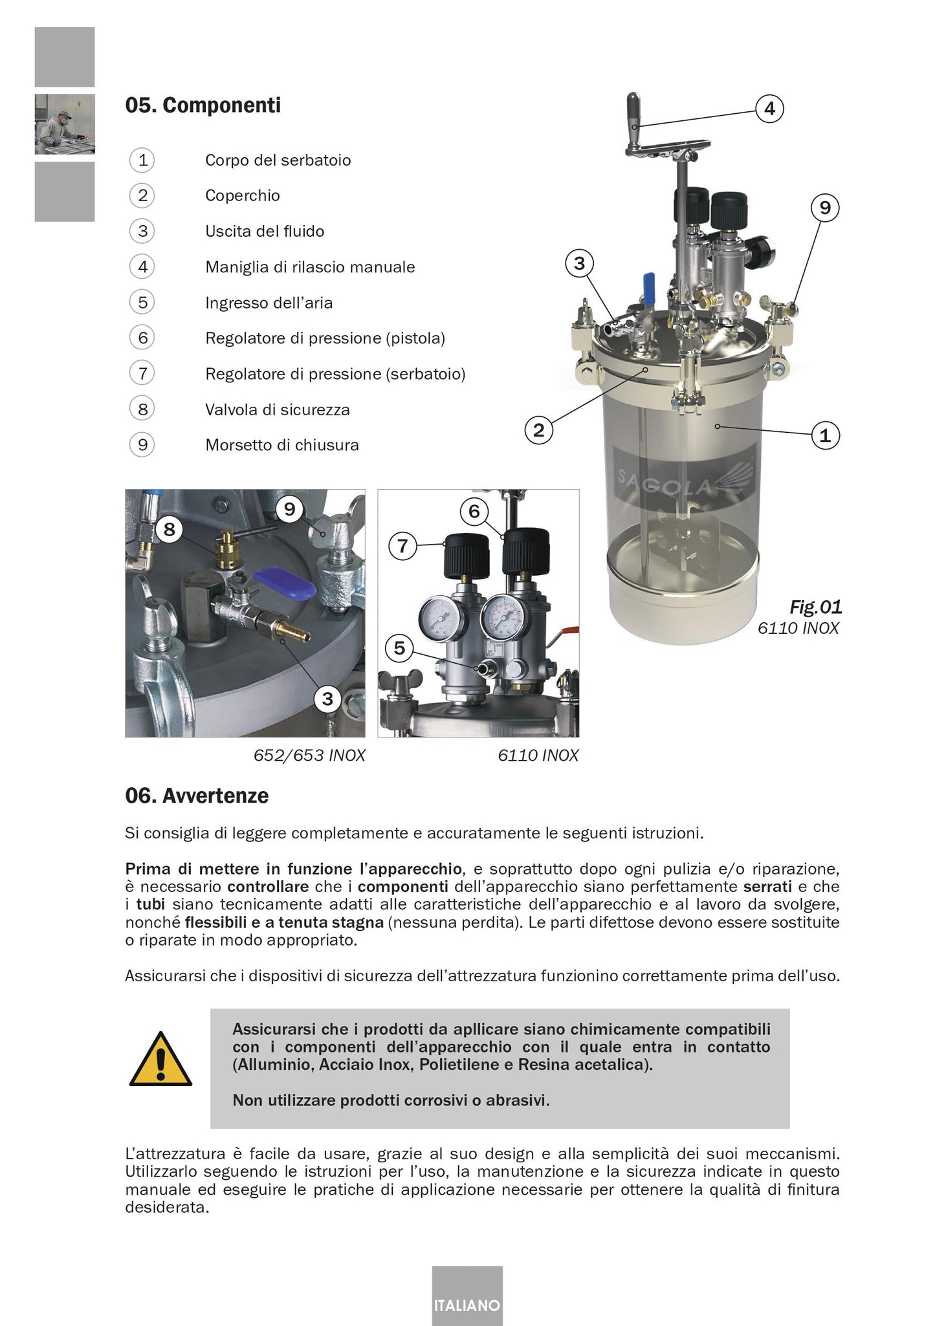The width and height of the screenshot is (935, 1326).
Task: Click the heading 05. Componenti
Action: tap(203, 105)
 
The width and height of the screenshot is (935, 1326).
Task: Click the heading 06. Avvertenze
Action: tap(196, 795)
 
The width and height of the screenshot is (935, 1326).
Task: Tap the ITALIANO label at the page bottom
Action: tap(467, 1305)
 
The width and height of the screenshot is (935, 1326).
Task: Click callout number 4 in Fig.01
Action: tap(769, 108)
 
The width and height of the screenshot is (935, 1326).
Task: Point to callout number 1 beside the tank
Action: tap(825, 435)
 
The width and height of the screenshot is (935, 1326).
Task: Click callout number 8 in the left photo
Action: tap(170, 530)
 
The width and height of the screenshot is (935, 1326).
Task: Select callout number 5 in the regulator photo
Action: tap(399, 647)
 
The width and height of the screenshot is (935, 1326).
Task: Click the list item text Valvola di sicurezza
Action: tap(277, 409)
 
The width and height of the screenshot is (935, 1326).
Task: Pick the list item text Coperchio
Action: tap(242, 195)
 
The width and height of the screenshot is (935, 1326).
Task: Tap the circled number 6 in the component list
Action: tap(142, 338)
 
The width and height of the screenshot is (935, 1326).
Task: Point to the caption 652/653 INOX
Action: tap(309, 755)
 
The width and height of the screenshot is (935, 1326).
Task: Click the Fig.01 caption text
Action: tap(815, 607)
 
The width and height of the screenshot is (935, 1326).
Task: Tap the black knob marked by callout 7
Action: tap(464, 554)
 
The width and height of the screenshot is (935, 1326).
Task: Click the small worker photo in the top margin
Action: tap(65, 124)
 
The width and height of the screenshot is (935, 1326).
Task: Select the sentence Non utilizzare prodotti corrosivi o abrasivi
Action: tap(391, 1100)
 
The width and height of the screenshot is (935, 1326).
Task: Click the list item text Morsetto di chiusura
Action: tap(281, 445)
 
